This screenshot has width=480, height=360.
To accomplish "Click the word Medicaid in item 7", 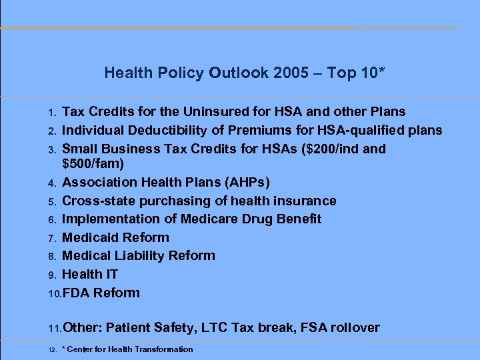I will pyautogui.click(x=90, y=237).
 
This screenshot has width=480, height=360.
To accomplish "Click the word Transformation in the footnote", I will pyautogui.click(x=164, y=349).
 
